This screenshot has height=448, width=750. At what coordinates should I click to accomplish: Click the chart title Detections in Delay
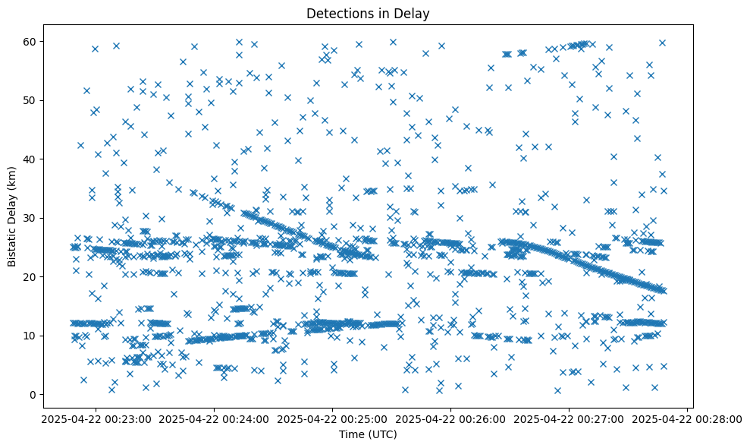pyautogui.click(x=367, y=13)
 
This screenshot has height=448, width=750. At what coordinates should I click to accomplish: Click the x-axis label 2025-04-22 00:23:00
pyautogui.click(x=96, y=418)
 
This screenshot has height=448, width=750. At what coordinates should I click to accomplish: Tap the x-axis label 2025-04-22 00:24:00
pyautogui.click(x=214, y=418)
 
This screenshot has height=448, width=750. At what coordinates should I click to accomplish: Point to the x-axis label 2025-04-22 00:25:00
pyautogui.click(x=332, y=418)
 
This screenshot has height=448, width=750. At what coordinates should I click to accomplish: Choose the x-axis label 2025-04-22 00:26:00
pyautogui.click(x=450, y=418)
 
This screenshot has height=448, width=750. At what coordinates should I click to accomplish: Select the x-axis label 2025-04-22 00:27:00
pyautogui.click(x=569, y=418)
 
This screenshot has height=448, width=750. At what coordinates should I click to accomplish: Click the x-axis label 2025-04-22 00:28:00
pyautogui.click(x=687, y=418)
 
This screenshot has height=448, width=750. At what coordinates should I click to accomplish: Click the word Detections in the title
pyautogui.click(x=336, y=13)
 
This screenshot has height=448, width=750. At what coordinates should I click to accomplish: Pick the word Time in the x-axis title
pyautogui.click(x=350, y=435)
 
